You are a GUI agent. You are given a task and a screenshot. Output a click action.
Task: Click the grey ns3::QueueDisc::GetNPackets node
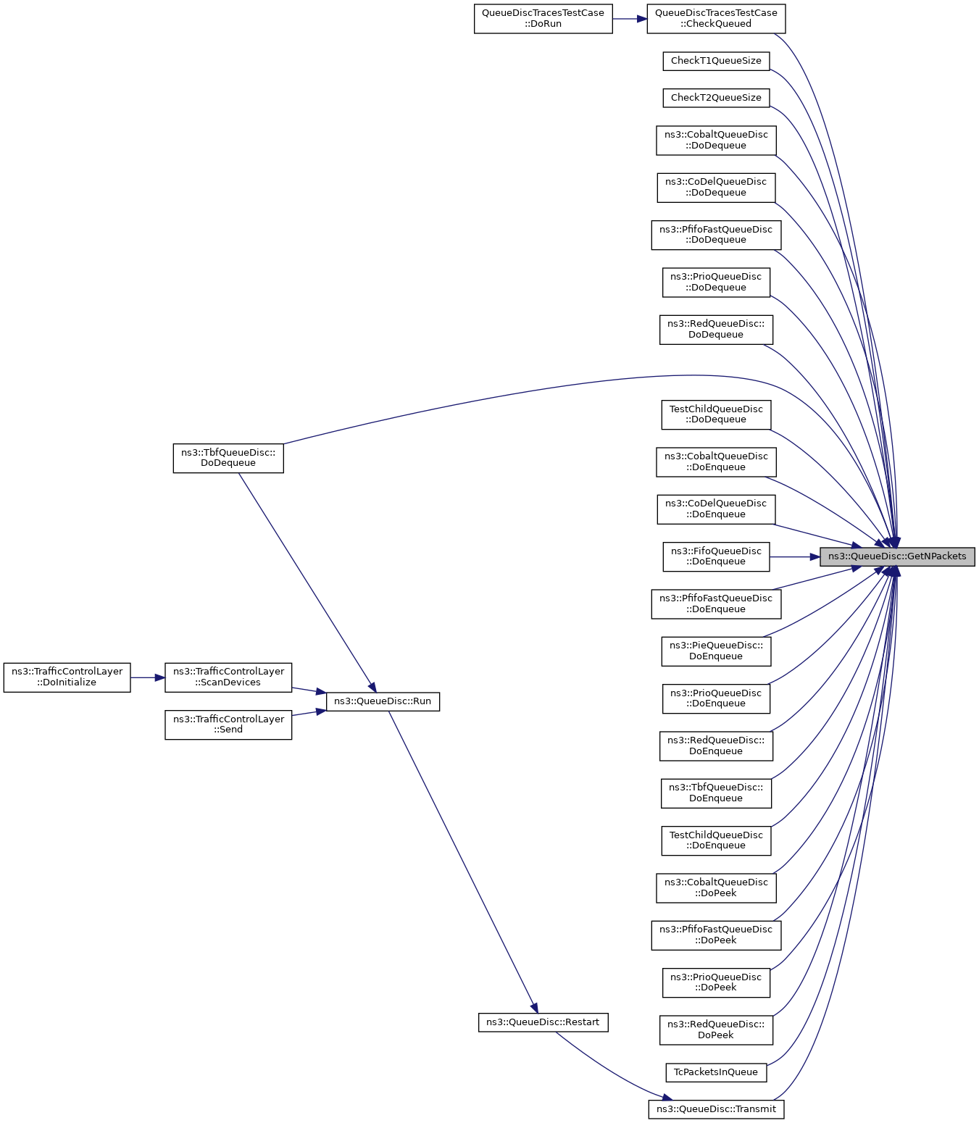896,556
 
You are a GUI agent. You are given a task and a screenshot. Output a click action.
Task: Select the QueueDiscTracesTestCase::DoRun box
543,19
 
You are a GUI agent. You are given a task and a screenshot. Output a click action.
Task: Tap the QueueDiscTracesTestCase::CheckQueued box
716,19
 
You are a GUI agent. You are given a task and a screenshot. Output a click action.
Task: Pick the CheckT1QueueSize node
716,61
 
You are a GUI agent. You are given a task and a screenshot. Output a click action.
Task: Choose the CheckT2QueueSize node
716,98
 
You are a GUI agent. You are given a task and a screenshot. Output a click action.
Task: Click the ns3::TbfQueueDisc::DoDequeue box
228,458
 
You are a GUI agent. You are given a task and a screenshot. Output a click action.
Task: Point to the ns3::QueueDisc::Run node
383,701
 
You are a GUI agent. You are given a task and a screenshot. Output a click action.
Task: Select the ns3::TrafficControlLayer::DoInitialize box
67,677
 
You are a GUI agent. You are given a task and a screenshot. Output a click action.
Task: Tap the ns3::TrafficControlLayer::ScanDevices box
228,677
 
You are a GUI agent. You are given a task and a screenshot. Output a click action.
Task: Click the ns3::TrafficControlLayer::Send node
228,725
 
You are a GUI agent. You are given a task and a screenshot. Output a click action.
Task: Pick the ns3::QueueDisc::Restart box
543,1022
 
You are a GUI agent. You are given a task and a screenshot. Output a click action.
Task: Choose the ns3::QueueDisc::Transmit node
716,1109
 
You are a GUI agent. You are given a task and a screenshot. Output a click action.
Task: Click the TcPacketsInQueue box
716,1072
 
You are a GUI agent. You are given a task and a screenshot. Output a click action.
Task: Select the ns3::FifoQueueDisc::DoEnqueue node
716,556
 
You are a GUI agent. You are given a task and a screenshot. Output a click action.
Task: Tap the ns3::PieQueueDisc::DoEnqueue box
716,651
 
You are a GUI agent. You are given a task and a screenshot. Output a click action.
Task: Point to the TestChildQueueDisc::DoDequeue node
716,414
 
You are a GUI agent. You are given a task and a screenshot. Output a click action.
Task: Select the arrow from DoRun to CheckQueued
630,19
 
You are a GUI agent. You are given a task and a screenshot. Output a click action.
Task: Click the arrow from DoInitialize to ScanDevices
148,677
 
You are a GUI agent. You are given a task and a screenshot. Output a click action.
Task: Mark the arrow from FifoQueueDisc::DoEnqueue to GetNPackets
795,556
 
